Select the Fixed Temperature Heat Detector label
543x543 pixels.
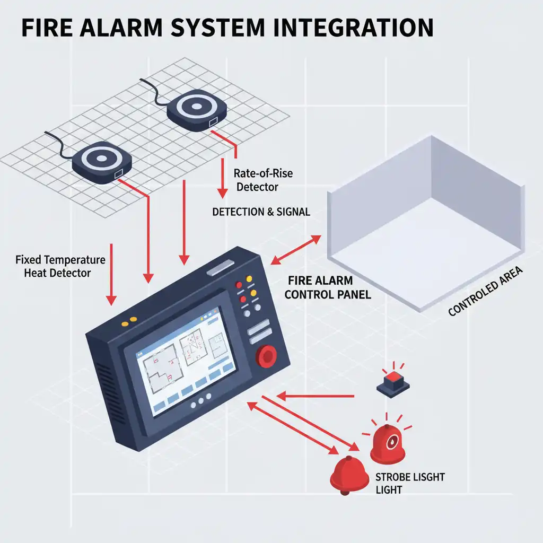tap(60, 266)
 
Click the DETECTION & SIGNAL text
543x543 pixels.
tap(261, 212)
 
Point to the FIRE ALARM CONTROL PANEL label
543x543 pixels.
tap(327, 287)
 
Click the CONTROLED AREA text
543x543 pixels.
tap(485, 292)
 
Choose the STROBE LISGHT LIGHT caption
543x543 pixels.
tap(409, 483)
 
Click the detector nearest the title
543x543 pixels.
tap(197, 109)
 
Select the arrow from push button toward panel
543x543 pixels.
tap(316, 396)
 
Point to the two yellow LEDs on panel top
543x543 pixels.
tap(129, 321)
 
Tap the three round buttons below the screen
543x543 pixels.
tap(201, 403)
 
